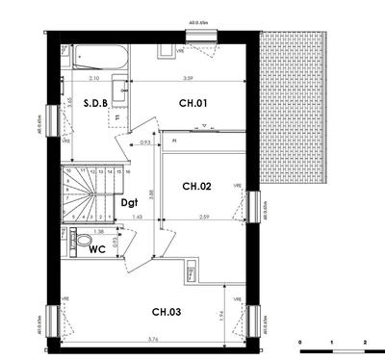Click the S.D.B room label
tap(94, 102)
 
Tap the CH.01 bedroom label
tap(193, 102)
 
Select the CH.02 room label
tap(197, 186)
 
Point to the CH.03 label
tap(167, 311)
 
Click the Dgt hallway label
tap(130, 202)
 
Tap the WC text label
tap(97, 249)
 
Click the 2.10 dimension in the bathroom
tap(94, 77)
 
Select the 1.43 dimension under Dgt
tap(137, 219)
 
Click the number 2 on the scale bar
tap(365, 342)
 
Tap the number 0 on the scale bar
tap(300, 342)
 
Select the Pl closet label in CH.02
tap(174, 141)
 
